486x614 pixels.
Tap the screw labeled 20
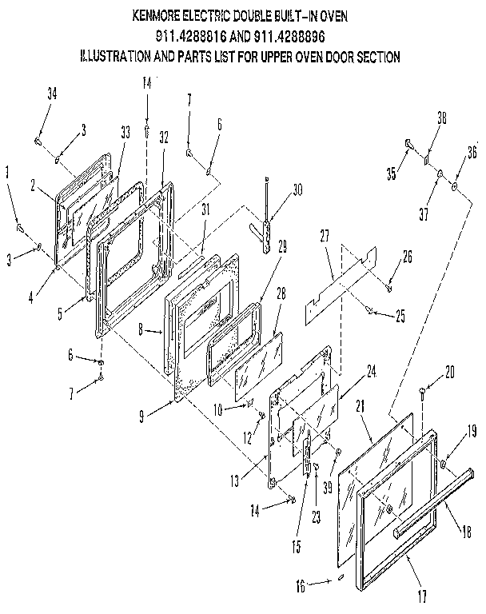point(422,390)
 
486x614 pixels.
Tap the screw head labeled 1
point(18,229)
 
